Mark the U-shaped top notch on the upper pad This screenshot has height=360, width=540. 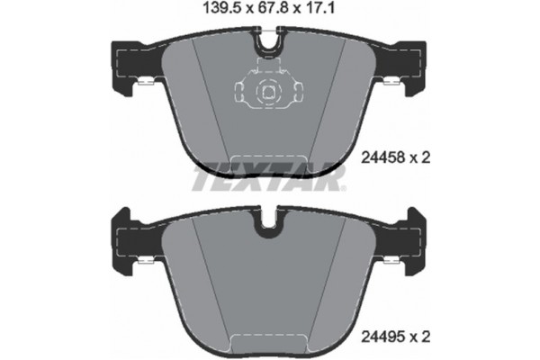[x=267, y=41]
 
